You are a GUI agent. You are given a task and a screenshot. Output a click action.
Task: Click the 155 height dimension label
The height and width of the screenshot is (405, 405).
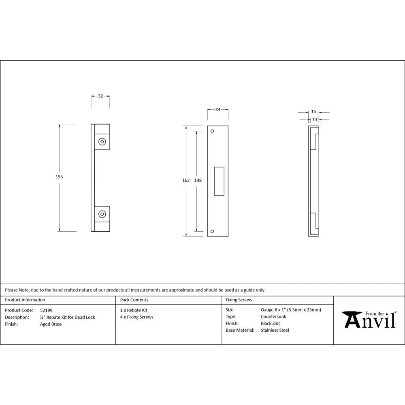pyautogui.click(x=60, y=177)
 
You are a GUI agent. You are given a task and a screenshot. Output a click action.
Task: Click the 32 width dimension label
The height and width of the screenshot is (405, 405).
pyautogui.click(x=100, y=96)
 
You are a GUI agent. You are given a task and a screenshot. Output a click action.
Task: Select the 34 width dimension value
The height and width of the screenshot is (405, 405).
pyautogui.click(x=218, y=110)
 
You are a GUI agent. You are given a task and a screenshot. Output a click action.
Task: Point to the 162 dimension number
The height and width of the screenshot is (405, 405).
pyautogui.click(x=186, y=180)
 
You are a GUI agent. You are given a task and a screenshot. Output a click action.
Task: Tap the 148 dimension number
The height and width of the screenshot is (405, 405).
pyautogui.click(x=198, y=180)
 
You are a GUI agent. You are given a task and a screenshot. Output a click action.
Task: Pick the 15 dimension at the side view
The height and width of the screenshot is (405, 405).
pyautogui.click(x=314, y=112)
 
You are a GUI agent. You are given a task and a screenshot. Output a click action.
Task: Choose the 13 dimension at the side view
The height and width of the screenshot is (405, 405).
pyautogui.click(x=315, y=119)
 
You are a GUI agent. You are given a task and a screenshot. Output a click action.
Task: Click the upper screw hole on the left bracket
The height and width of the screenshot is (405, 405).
pyautogui.click(x=102, y=142)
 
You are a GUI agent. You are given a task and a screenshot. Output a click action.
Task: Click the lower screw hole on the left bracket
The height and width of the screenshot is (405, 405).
pyautogui.click(x=102, y=214)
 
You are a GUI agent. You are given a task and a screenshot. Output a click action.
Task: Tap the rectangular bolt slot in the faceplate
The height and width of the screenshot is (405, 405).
pyautogui.click(x=219, y=181)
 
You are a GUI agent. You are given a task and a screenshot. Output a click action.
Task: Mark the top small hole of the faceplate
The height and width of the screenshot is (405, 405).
pyautogui.click(x=212, y=131)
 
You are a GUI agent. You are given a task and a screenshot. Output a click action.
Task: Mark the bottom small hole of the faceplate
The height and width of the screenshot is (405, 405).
pyautogui.click(x=212, y=232)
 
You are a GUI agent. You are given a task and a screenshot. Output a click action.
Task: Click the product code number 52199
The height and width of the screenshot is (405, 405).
pyautogui.click(x=46, y=310)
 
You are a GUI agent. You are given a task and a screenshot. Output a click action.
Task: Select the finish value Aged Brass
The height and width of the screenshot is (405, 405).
pyautogui.click(x=51, y=324)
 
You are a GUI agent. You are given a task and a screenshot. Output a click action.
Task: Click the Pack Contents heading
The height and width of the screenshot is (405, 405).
pyautogui.click(x=134, y=300)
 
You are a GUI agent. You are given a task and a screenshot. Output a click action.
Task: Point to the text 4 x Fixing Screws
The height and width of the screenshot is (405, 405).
pyautogui.click(x=137, y=317)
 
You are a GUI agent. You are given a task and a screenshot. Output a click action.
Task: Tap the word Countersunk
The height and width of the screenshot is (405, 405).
pyautogui.click(x=273, y=317)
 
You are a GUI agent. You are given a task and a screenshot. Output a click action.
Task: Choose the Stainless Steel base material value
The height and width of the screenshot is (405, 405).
pyautogui.click(x=275, y=330)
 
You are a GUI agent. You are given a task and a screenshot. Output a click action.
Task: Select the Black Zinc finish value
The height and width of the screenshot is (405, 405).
pyautogui.click(x=271, y=324)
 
